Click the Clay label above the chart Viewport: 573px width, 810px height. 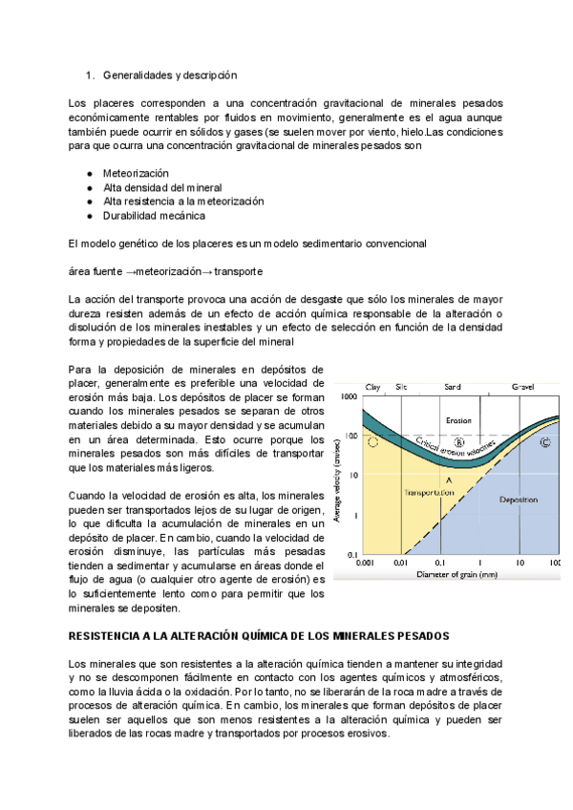pyautogui.click(x=373, y=386)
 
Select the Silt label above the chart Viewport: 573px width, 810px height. pyautogui.click(x=402, y=386)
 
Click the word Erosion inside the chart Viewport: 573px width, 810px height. pyautogui.click(x=458, y=419)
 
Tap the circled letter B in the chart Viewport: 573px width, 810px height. pyautogui.click(x=458, y=442)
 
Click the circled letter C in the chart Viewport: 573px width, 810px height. pyautogui.click(x=545, y=442)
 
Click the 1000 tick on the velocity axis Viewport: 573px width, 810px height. pyautogui.click(x=350, y=396)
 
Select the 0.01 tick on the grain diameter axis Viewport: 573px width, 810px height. pyautogui.click(x=401, y=564)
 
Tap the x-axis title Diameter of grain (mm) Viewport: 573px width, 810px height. pyautogui.click(x=459, y=576)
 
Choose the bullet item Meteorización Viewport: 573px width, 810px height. pyautogui.click(x=136, y=173)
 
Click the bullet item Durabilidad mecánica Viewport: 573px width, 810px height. pyautogui.click(x=154, y=216)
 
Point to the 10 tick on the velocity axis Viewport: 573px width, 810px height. pyautogui.click(x=352, y=475)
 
